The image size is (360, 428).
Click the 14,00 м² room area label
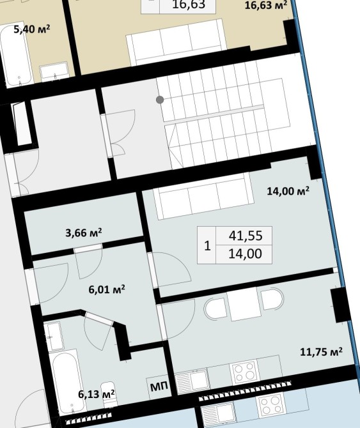[x=288, y=191]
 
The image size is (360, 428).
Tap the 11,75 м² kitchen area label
[x=321, y=351]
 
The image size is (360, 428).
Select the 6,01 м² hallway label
[x=107, y=289]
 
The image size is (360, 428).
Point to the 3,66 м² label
[x=84, y=233]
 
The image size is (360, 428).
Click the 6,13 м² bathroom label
[x=96, y=394]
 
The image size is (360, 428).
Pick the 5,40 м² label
[x=32, y=29]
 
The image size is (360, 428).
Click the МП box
[x=159, y=387]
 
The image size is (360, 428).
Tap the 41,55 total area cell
[x=244, y=236]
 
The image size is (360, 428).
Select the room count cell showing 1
[x=207, y=245]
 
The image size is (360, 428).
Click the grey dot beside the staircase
[x=160, y=100]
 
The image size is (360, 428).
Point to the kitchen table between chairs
[x=244, y=303]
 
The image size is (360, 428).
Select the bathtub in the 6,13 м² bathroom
[x=67, y=381]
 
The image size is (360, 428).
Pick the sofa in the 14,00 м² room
[x=203, y=196]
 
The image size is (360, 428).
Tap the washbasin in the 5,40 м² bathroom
[x=54, y=72]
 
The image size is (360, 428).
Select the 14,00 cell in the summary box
[x=244, y=254]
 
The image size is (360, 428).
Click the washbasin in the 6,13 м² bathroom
[x=54, y=336]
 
